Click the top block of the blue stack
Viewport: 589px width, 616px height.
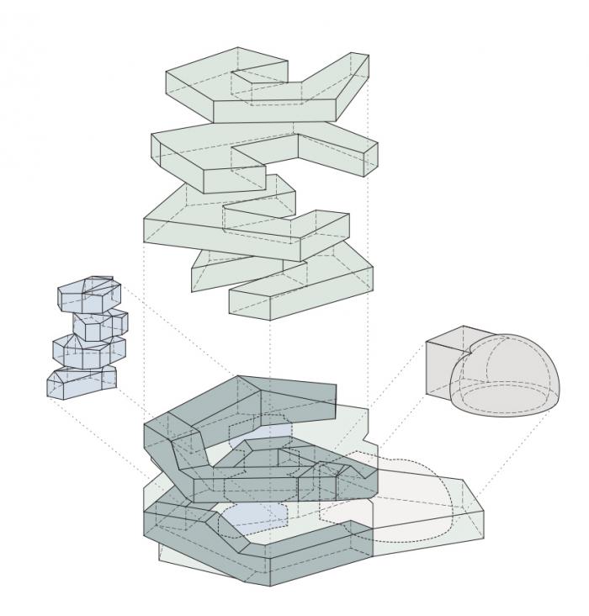[88, 294]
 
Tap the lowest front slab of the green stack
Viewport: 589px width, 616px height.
[303, 290]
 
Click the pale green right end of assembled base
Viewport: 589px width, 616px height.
[467, 509]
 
